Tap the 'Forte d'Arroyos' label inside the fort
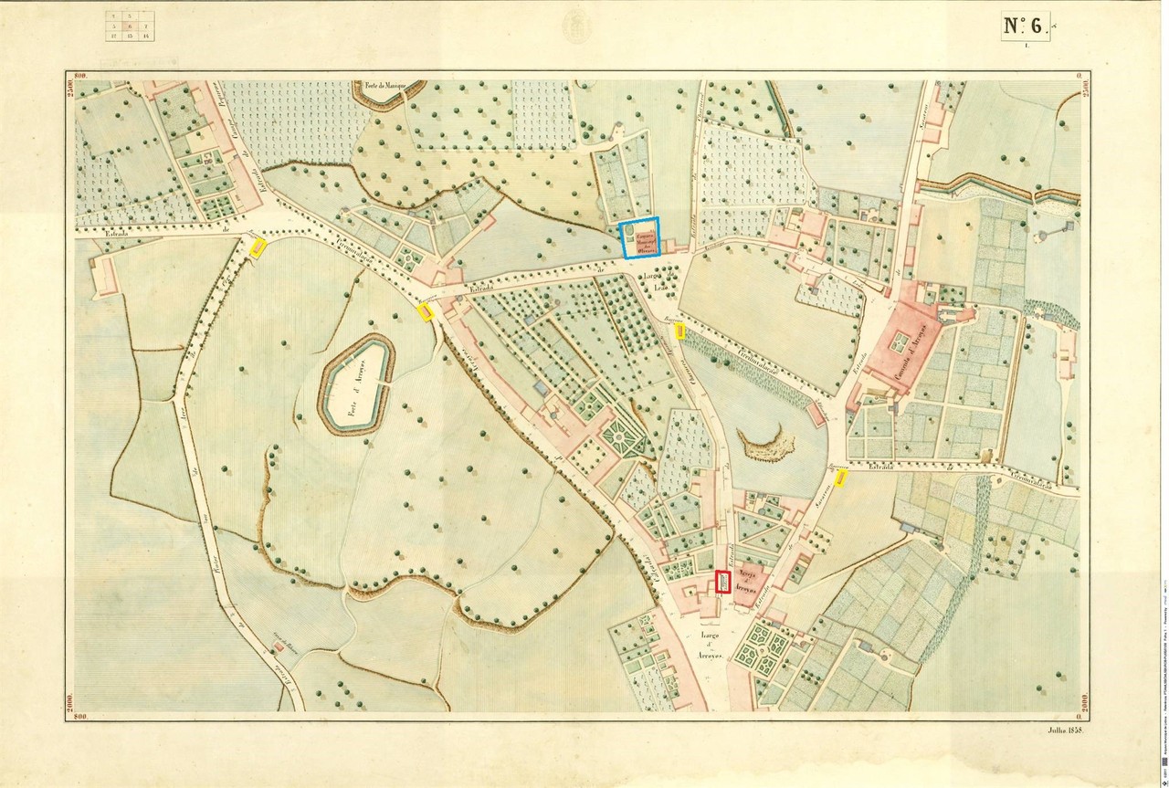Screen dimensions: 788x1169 tap(355, 384)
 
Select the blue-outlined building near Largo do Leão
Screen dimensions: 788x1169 tap(639, 239)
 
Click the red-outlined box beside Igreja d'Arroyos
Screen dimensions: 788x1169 tap(722, 582)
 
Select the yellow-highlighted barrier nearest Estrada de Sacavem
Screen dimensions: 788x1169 tap(840, 478)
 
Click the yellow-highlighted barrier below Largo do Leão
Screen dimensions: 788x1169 tap(680, 332)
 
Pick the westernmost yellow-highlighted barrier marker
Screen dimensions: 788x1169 tap(258, 247)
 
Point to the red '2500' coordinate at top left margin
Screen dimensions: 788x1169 tap(69, 92)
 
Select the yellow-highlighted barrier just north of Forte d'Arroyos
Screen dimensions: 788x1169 tap(425, 311)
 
